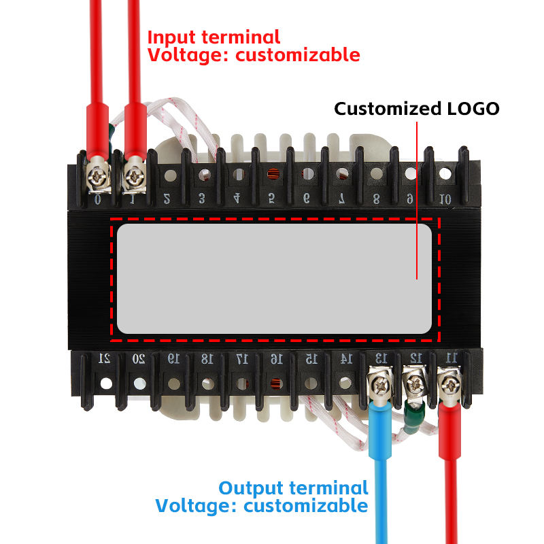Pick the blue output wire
pos(378,476)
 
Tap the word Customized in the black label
pos(386,109)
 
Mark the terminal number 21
pos(105,358)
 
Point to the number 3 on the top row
pos(201,199)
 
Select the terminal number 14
pos(345,358)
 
